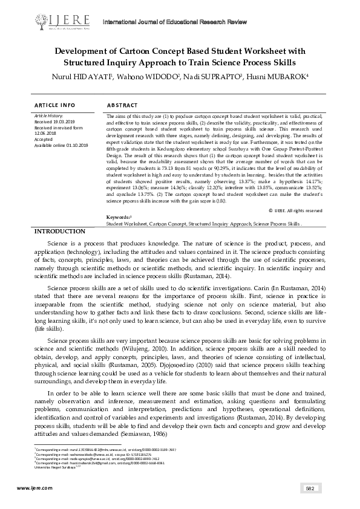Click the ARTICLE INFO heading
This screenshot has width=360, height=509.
click(55, 105)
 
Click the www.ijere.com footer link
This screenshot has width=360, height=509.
click(31, 488)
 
